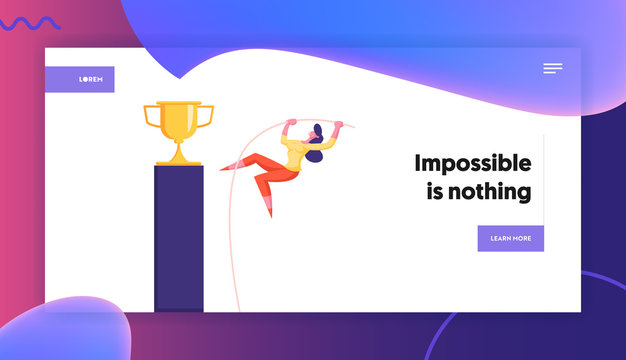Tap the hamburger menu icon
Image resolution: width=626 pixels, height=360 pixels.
(553, 68)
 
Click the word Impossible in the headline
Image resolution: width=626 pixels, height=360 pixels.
(472, 164)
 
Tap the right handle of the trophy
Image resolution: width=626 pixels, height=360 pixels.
(208, 117)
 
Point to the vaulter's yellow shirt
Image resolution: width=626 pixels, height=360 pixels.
(297, 153)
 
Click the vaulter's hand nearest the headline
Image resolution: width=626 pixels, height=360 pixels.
(337, 125)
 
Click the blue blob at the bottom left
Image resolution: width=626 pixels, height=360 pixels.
(75, 330)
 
